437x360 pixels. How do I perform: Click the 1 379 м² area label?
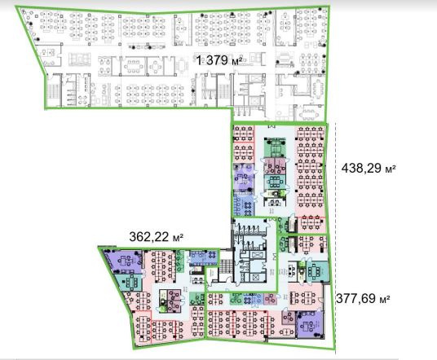pos(219,60)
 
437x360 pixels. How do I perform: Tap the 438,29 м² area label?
pos(369,168)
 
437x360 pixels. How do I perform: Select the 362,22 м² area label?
pos(156,237)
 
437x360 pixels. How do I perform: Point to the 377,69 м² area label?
pos(363,299)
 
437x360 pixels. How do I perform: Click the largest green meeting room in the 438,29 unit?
pos(275,147)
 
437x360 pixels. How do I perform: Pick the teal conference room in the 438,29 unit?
pos(275,182)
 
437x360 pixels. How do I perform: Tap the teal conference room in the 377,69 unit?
pos(317,271)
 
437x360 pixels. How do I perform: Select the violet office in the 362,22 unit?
pos(124,261)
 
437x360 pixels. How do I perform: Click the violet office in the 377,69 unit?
pos(310,324)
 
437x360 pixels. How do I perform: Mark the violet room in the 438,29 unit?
pos(244,178)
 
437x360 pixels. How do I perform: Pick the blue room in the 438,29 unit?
pos(244,204)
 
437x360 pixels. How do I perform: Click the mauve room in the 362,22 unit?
pos(174,301)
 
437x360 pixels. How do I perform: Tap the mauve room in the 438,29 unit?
pos(275,166)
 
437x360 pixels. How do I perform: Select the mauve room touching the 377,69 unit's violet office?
pos(289,318)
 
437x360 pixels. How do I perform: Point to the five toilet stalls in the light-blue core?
pos(249,229)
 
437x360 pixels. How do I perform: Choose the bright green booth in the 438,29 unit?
pos(283,192)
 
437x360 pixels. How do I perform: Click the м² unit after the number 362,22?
pos(178,238)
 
